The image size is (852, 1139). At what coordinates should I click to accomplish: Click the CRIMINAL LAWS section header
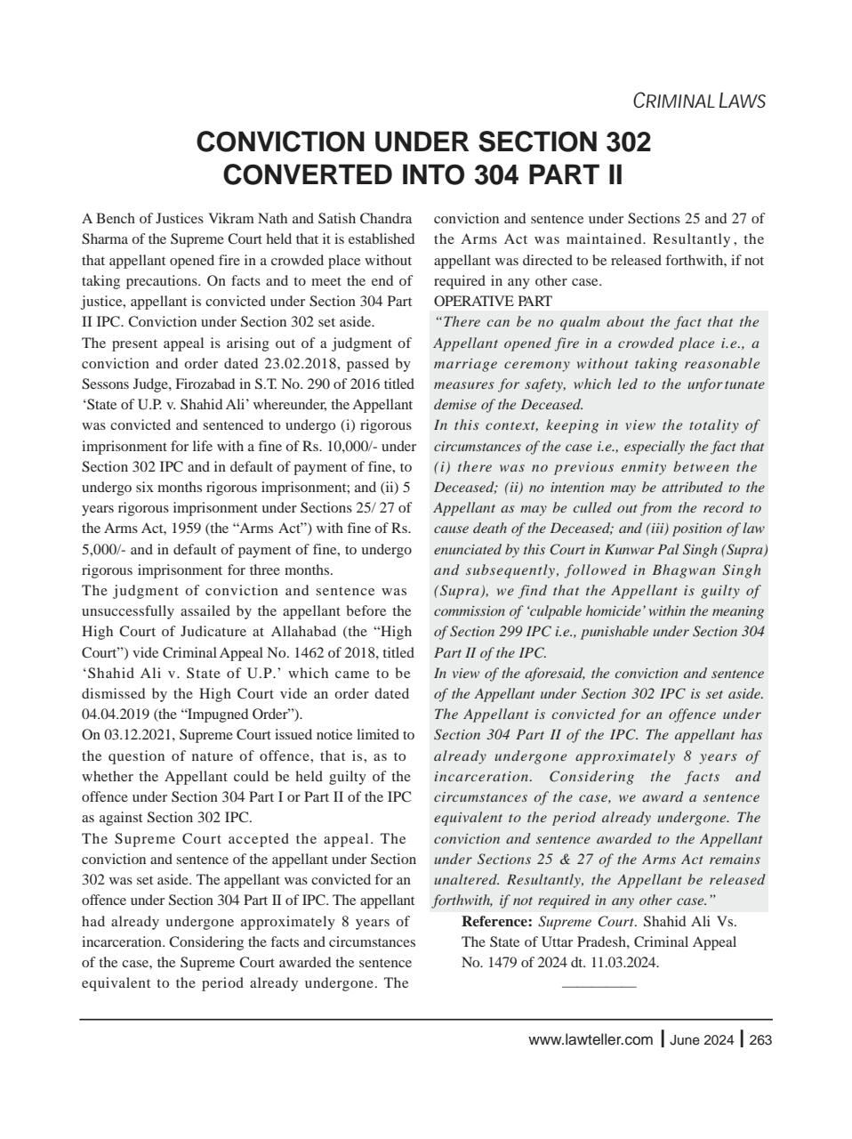(x=698, y=101)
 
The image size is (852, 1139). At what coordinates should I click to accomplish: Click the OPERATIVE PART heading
(x=492, y=302)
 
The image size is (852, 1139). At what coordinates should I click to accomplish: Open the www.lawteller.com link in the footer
(x=590, y=1040)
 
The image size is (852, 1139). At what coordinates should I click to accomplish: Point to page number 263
(x=760, y=1040)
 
